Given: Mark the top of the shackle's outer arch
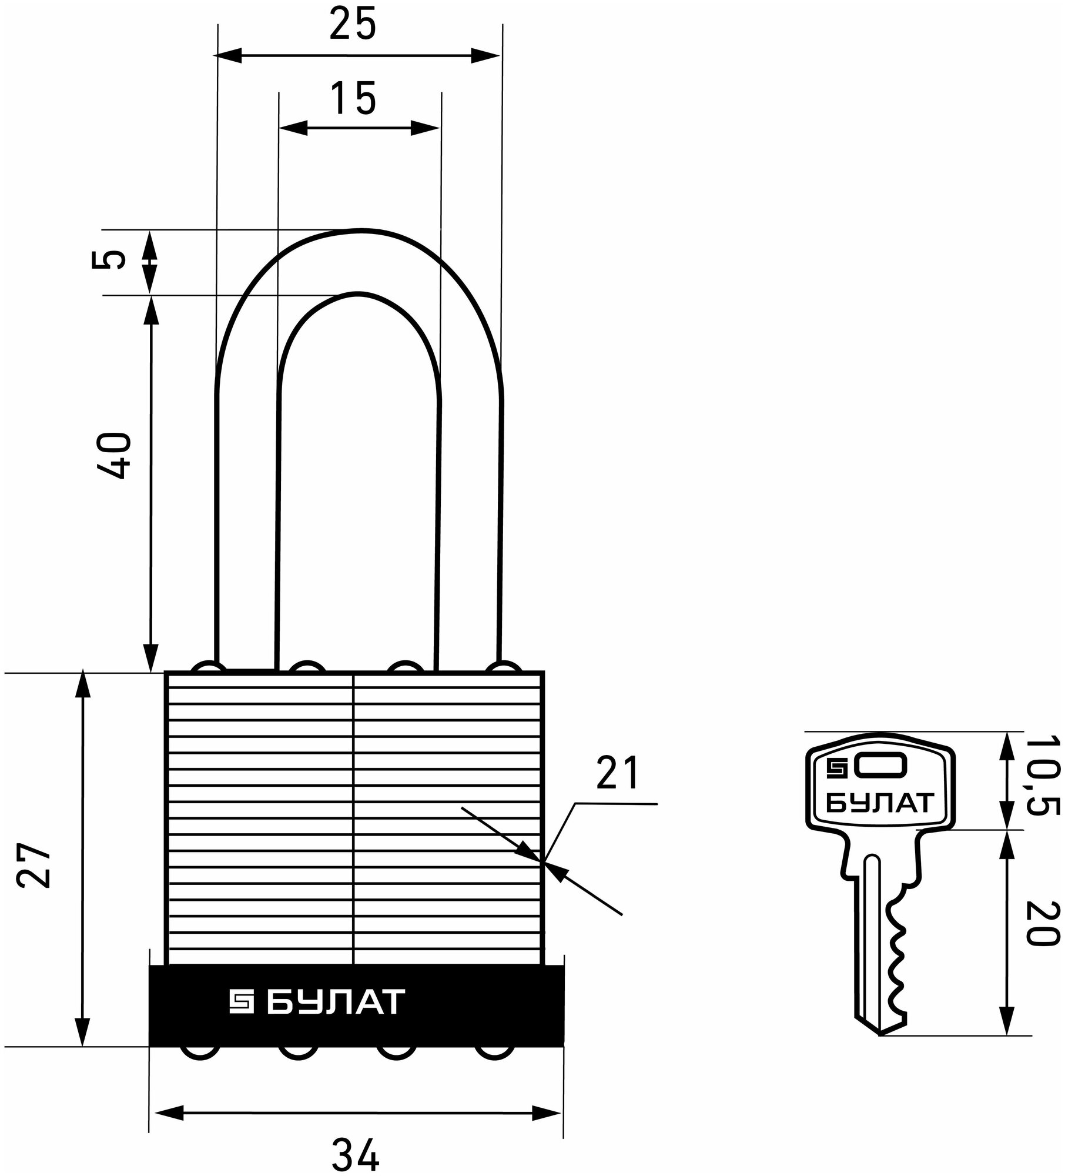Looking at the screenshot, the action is [x=360, y=230].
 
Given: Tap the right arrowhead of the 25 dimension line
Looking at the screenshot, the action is [x=485, y=56].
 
